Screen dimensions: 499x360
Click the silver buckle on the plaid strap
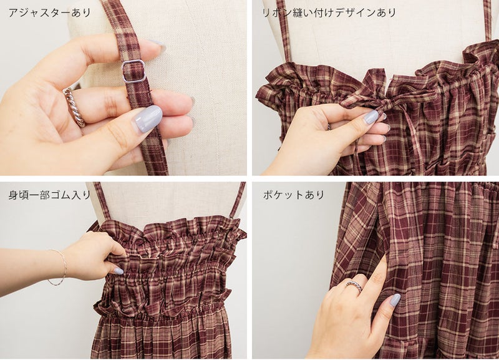pyautogui.click(x=133, y=71)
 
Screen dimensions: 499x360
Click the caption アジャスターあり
pyautogui.click(x=50, y=13)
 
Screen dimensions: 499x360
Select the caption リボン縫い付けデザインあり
pyautogui.click(x=329, y=13)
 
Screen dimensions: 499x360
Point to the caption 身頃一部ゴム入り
pyautogui.click(x=50, y=195)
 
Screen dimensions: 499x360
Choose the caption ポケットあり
pyautogui.click(x=293, y=195)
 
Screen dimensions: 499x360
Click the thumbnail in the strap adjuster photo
pyautogui.click(x=148, y=119)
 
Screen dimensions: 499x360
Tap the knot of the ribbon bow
pyautogui.click(x=385, y=104)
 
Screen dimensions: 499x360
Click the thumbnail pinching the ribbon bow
pyautogui.click(x=371, y=117)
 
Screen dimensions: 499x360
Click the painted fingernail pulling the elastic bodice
pyautogui.click(x=119, y=271)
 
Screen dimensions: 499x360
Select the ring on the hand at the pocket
pyautogui.click(x=354, y=285)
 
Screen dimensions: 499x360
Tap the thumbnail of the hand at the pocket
pyautogui.click(x=395, y=300)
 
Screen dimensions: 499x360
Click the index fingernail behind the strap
pyautogui.click(x=158, y=46)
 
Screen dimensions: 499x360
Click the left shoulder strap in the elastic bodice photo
pyautogui.click(x=102, y=201)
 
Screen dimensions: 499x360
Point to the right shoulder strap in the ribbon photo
pyautogui.click(x=488, y=20)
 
